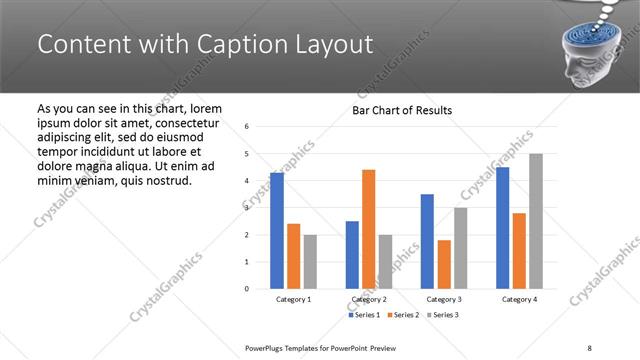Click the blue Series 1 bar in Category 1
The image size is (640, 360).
[x=277, y=231]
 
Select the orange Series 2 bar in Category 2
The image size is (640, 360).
[x=368, y=229]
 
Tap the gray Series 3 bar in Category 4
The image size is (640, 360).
[x=536, y=221]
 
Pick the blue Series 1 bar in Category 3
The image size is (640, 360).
[x=427, y=241]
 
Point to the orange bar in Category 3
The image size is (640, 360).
[x=444, y=264]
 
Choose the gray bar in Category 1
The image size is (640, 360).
[x=310, y=262]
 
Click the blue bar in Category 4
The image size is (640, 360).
[x=502, y=228]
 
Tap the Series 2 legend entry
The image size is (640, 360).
[x=402, y=315]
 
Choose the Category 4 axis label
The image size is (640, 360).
[x=519, y=299]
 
